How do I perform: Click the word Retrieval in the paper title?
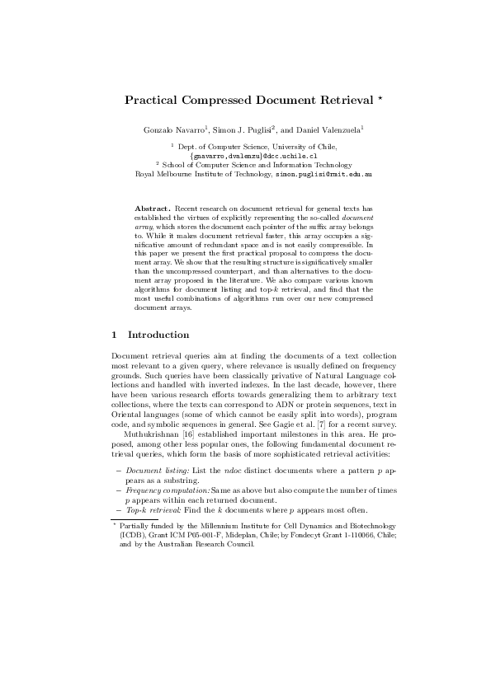point(341,101)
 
